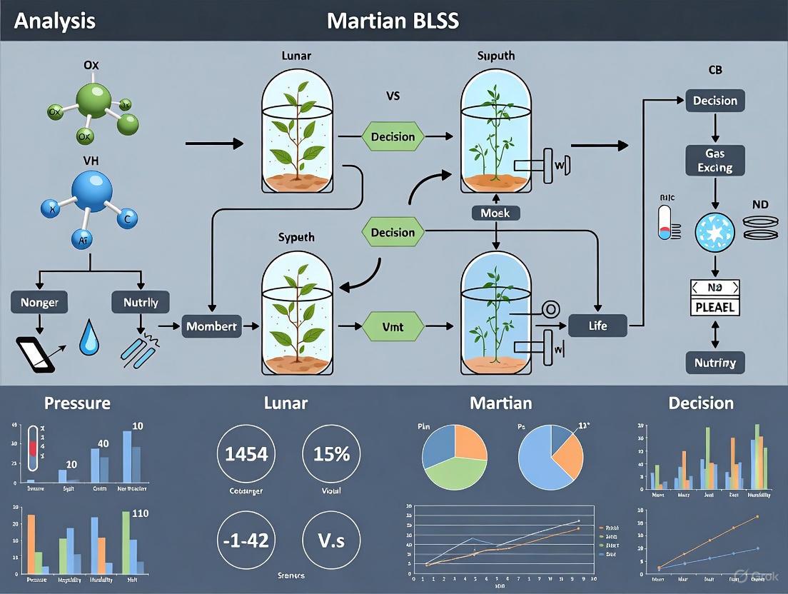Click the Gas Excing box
tap(714, 161)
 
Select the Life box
tap(597, 326)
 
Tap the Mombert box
tap(211, 326)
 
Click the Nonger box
tap(40, 302)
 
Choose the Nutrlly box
tap(140, 302)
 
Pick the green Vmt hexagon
tap(393, 326)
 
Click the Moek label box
tap(495, 213)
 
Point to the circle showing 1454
tap(247, 453)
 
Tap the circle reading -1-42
tap(247, 540)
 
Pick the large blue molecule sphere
tap(91, 191)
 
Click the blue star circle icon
tap(714, 232)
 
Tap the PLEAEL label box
tap(714, 308)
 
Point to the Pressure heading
tap(77, 403)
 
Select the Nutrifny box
tap(714, 362)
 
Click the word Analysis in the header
tap(54, 20)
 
